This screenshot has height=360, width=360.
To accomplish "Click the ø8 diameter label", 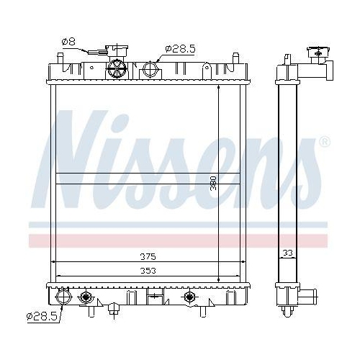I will click(x=68, y=42).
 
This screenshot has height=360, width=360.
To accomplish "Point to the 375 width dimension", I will click(x=148, y=256).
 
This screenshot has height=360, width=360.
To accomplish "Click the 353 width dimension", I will click(x=148, y=270).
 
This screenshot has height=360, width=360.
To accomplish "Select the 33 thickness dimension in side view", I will click(x=287, y=252).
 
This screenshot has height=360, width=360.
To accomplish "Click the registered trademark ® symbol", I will click(x=325, y=142).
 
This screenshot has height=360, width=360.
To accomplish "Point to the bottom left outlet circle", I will click(x=61, y=296).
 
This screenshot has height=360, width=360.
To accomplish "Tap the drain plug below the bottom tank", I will click(x=113, y=310).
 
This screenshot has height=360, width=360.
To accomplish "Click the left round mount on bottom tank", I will click(x=86, y=297).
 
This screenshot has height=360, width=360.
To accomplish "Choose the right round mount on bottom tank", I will click(x=189, y=297).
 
